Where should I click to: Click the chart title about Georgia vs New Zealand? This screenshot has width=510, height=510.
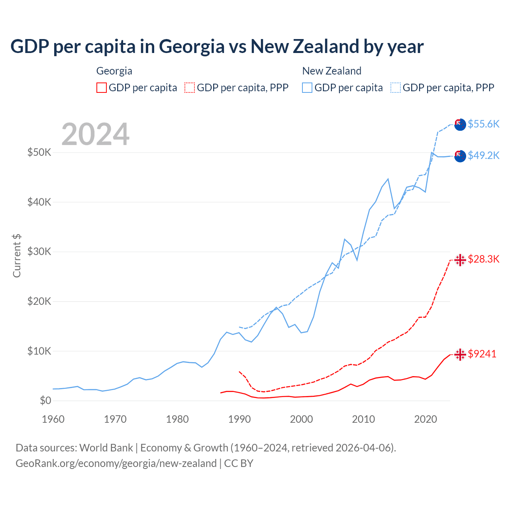(217, 47)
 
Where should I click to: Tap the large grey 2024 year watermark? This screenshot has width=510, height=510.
(95, 134)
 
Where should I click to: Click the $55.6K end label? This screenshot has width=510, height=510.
(483, 124)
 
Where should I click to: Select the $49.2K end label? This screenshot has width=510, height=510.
(483, 155)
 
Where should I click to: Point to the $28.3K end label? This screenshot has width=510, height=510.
(483, 259)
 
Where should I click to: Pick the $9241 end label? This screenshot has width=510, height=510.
(482, 354)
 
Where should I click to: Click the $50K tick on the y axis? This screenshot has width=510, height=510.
(39, 152)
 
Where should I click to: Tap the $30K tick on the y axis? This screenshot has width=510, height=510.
(39, 251)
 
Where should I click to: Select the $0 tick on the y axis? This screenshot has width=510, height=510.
(45, 400)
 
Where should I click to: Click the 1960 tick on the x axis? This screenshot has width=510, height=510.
(53, 419)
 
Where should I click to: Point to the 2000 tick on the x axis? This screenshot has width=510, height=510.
(301, 419)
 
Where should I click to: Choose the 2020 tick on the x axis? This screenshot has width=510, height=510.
(426, 419)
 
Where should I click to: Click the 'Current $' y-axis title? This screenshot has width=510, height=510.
(17, 256)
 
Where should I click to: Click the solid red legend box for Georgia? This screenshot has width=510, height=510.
(102, 88)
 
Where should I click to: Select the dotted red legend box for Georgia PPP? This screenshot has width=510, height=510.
(190, 88)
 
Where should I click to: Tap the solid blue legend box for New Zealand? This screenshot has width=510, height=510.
(307, 88)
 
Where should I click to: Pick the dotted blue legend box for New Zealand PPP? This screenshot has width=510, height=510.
(396, 88)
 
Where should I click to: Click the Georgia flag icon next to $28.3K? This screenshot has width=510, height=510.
(460, 260)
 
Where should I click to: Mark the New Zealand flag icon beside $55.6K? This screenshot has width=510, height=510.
(460, 124)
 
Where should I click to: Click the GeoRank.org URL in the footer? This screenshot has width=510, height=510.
(116, 463)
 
